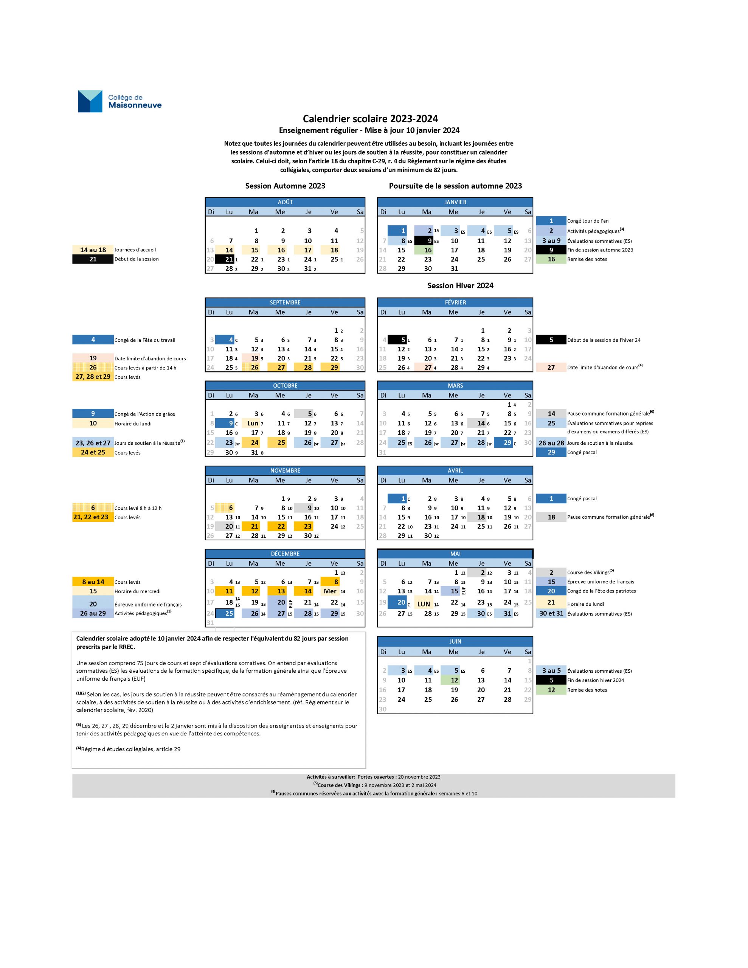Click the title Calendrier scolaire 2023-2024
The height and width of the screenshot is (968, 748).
point(370,119)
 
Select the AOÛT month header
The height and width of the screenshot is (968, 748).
point(285,202)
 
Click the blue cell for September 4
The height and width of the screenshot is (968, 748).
point(225,340)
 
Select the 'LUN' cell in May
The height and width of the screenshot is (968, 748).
point(425,603)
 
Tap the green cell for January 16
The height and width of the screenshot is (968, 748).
point(427,250)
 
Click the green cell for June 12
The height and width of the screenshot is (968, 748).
point(453,680)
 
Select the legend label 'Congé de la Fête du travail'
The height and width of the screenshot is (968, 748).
point(145,340)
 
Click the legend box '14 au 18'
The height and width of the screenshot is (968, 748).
point(93,250)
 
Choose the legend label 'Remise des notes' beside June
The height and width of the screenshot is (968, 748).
point(587,690)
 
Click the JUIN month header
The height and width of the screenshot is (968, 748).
point(455,641)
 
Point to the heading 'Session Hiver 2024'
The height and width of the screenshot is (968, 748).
point(460,286)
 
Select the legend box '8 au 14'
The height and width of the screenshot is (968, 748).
point(93,582)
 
